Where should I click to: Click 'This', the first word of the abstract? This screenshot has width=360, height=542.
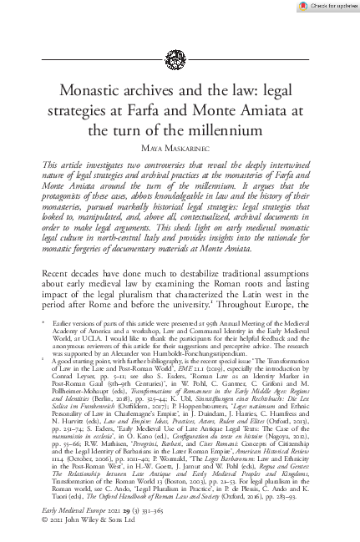[52, 167]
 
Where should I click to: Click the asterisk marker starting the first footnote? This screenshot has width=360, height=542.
[44, 342]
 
